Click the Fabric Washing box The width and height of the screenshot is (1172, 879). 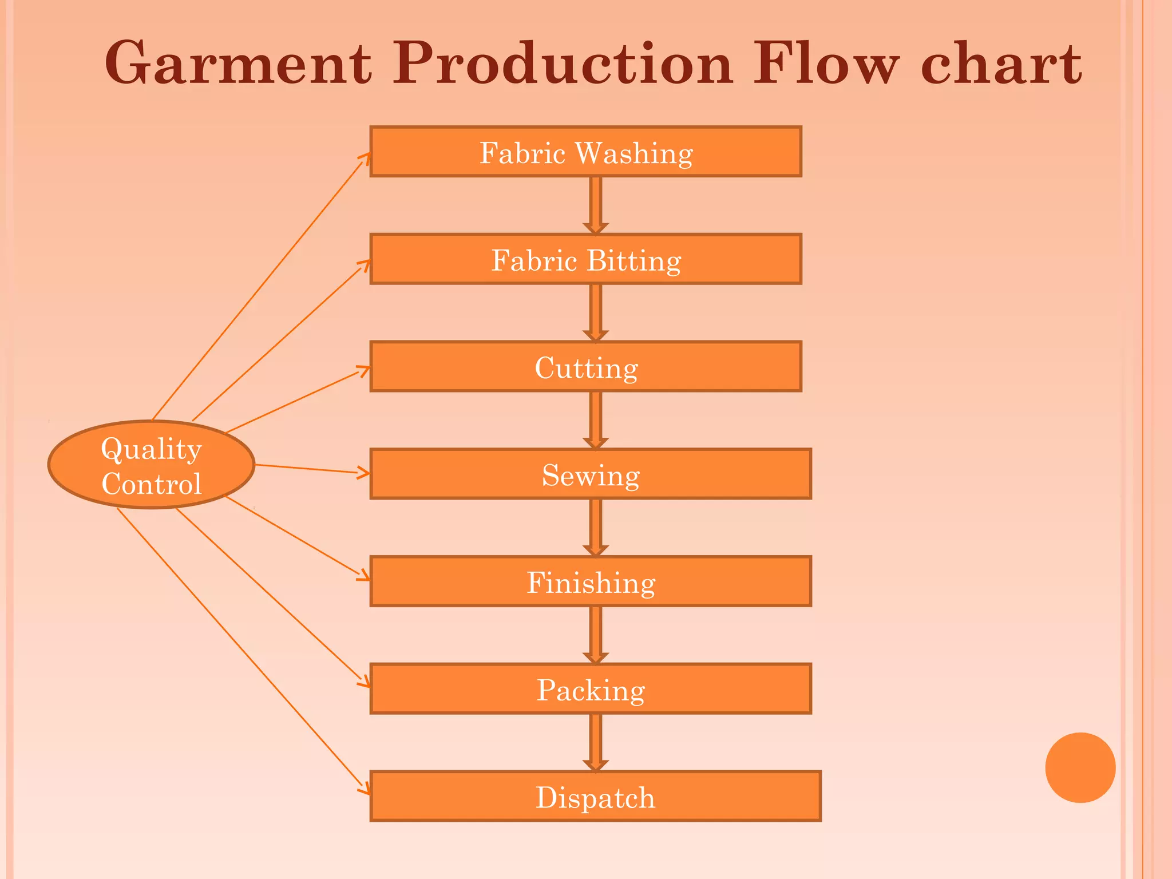[x=585, y=152]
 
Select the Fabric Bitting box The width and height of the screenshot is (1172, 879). [x=585, y=259]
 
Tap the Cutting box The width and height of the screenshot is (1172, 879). [x=585, y=367]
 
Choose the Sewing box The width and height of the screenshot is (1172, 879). [x=590, y=474]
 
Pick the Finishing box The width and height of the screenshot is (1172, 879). [x=590, y=581]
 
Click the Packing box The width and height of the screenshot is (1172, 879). [x=590, y=689]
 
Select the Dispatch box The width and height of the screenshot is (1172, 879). [x=595, y=796]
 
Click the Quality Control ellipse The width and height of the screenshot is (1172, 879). [x=151, y=465]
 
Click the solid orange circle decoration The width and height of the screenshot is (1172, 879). [x=1080, y=767]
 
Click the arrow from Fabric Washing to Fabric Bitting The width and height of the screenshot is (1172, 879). [x=595, y=205]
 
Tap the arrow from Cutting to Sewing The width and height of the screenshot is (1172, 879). [x=595, y=420]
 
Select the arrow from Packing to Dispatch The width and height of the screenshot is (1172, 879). [x=595, y=742]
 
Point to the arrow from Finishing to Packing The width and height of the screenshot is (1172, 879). [x=595, y=635]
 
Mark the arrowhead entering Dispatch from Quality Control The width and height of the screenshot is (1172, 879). [x=365, y=790]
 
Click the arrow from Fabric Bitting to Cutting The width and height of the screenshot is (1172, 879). [x=595, y=312]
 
